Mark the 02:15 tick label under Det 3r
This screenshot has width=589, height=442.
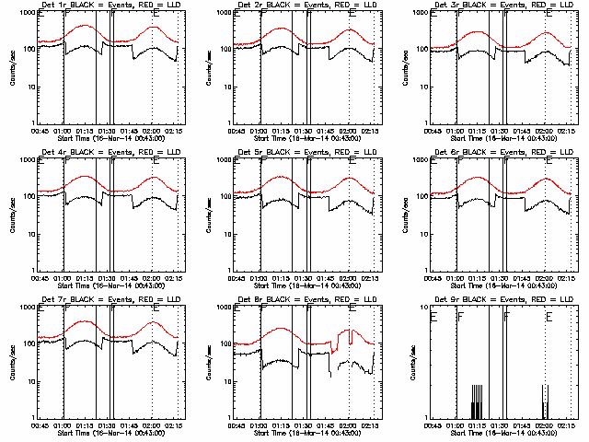point(567,131)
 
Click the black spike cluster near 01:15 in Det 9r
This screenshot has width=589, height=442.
point(477,402)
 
